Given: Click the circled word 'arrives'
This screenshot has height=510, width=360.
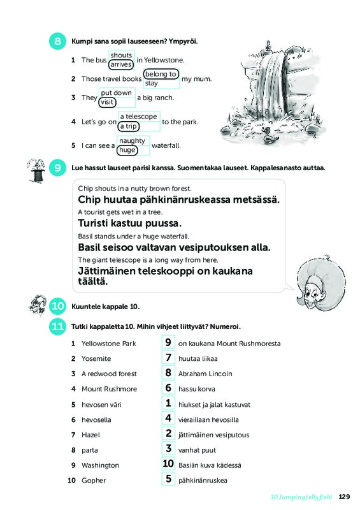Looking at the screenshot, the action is pos(121,64).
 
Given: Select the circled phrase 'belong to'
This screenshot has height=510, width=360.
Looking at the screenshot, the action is pos(161,74).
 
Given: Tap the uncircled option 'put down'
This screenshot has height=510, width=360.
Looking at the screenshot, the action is pos(117,92).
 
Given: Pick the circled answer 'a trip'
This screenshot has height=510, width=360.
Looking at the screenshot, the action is pos(129,126).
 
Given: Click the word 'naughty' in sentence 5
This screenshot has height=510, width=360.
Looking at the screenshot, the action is pos(132,140).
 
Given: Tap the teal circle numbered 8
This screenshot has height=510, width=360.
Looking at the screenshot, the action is pos(57,41).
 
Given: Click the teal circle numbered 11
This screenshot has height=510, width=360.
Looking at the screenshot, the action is pos(57,326).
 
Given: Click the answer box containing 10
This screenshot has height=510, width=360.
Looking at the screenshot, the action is pos(168,463).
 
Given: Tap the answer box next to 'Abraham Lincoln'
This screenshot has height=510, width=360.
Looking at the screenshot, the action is pos(168,372).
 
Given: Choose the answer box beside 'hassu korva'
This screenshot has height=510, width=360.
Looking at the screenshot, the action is pos(168,388).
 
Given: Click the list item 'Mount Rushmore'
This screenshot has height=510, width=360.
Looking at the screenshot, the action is pos(109,389).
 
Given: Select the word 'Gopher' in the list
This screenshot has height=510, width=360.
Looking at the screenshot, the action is pos(94,481).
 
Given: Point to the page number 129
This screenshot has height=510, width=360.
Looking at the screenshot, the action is pos(344,497).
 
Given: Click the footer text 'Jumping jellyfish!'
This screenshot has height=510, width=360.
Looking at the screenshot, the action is pos(306,497).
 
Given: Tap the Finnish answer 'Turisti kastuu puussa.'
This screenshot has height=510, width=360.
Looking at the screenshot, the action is pos(130,224).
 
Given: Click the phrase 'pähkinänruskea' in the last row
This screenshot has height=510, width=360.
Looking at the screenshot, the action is pos(203,481).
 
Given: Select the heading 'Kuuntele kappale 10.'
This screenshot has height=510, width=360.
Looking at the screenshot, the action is pos(105,307).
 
